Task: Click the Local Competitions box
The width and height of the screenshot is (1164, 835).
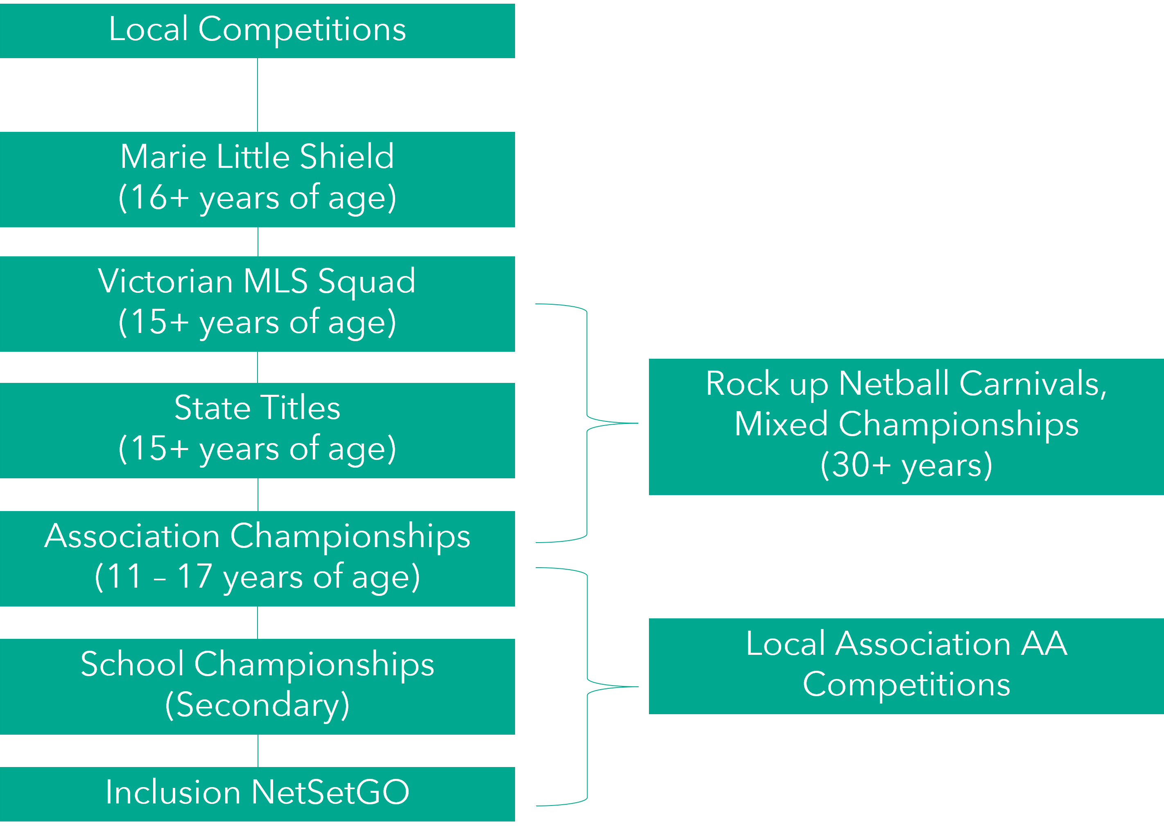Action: coord(257,31)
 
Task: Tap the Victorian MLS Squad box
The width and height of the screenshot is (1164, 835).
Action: coord(257,304)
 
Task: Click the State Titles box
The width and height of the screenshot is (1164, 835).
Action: coord(257,430)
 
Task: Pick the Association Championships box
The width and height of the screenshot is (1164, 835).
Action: coord(257,559)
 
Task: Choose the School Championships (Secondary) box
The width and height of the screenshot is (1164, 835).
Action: coord(257,686)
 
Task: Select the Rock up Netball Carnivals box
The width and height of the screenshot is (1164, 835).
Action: coord(906,426)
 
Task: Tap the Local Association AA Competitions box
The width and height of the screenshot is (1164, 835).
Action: coord(906,665)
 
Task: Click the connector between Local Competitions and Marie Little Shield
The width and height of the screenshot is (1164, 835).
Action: coord(258,95)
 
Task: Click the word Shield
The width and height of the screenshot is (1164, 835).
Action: coord(347,156)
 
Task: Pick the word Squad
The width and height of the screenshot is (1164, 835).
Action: coord(366,282)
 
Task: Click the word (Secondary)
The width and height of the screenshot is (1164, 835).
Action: coord(257,705)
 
